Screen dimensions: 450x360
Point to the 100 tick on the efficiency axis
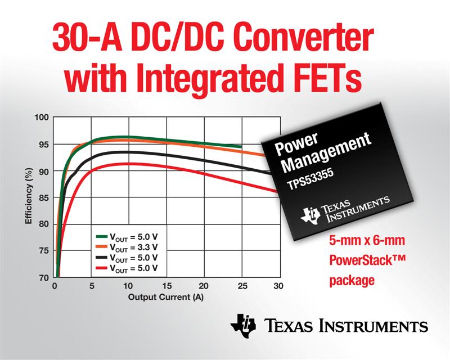pos(42,118)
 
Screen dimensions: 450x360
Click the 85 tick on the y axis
pos(44,197)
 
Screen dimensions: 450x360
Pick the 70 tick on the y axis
pos(44,278)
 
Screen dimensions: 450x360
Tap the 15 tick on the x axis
pos(166,286)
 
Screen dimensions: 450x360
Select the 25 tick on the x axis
pos(242,286)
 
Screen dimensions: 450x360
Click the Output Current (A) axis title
pos(165,297)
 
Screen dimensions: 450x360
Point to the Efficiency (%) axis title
pos(29,196)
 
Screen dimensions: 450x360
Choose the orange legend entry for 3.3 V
pos(127,247)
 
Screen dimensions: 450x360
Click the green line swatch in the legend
pos(101,237)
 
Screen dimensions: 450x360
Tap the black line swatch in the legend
pos(101,258)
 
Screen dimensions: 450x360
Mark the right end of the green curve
pos(241,146)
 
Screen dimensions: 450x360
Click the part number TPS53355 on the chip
pos(310,178)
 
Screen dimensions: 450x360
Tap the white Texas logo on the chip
pos(310,215)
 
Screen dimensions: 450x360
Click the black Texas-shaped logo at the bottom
pos(243,326)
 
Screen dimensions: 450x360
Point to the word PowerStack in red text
pos(362,260)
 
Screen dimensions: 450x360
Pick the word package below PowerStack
pos(352,280)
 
